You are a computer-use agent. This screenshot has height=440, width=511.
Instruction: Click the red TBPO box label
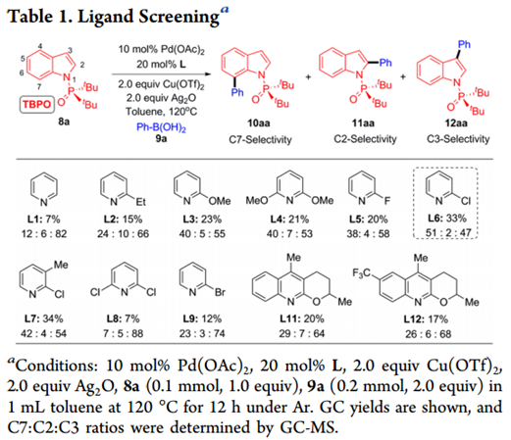tap(36, 104)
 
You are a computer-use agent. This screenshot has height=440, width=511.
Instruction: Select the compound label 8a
tap(64, 122)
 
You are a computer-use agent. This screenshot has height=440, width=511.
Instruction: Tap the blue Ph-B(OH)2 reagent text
tap(161, 126)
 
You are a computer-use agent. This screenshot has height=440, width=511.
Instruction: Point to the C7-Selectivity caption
tap(260, 140)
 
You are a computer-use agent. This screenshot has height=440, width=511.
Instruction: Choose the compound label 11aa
tap(363, 123)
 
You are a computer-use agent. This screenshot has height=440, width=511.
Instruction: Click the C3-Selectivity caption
tap(458, 139)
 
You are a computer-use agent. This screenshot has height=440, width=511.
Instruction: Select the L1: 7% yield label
tap(44, 219)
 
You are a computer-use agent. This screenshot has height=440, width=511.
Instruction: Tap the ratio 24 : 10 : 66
tap(123, 234)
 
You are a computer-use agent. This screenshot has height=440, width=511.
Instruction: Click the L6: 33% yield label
tap(447, 219)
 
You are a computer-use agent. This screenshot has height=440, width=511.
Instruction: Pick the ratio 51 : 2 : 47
tap(448, 232)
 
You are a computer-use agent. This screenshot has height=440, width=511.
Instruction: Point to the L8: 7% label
tap(124, 318)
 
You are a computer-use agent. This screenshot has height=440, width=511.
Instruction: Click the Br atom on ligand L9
tap(220, 292)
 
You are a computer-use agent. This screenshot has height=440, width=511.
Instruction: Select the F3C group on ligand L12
tap(361, 273)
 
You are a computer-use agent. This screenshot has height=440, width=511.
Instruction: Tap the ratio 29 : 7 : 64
tap(302, 333)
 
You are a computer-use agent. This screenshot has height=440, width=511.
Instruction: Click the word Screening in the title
tap(179, 17)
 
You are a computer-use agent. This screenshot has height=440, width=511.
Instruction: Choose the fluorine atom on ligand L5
tap(387, 201)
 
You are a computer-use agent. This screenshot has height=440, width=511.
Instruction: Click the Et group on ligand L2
tap(140, 202)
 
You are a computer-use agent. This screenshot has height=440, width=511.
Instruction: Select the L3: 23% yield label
tap(202, 219)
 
